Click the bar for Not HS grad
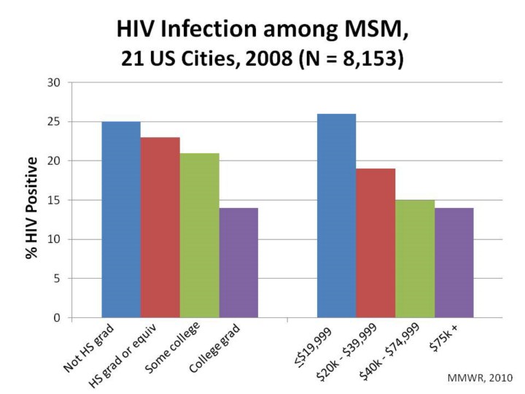coord(121,219)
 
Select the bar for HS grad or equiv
coord(160,227)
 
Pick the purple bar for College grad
coord(238,263)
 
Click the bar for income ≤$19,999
coord(336,215)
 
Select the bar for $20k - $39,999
coord(376,243)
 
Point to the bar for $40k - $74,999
coord(415,258)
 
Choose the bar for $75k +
coord(454,263)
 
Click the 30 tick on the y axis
coord(53,82)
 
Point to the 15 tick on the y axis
coord(53,200)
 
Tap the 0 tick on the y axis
coord(56,318)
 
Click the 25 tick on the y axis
coord(53,122)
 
